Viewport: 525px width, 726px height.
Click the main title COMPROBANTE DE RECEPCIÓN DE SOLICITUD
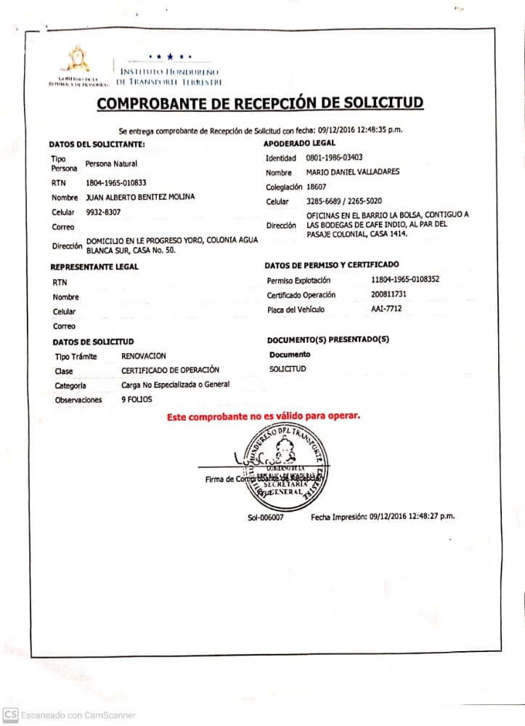pyautogui.click(x=260, y=103)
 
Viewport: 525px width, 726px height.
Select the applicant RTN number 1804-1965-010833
pyautogui.click(x=116, y=183)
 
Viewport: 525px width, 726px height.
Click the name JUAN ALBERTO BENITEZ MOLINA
pyautogui.click(x=140, y=197)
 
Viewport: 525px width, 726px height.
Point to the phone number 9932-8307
pyautogui.click(x=103, y=212)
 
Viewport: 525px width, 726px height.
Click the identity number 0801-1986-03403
pyautogui.click(x=334, y=158)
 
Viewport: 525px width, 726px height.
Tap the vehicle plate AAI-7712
pyautogui.click(x=386, y=309)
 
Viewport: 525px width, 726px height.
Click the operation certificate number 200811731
pyautogui.click(x=391, y=294)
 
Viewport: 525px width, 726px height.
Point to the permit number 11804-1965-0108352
pyautogui.click(x=405, y=280)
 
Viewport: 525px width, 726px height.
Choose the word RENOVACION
pyautogui.click(x=144, y=356)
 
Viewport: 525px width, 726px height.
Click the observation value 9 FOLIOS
pyautogui.click(x=137, y=400)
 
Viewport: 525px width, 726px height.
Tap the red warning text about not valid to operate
pyautogui.click(x=264, y=416)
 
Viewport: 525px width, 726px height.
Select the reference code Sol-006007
pyautogui.click(x=265, y=517)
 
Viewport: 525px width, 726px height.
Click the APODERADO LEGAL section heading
pyautogui.click(x=299, y=143)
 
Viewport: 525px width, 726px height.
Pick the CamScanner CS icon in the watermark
pyautogui.click(x=10, y=714)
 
